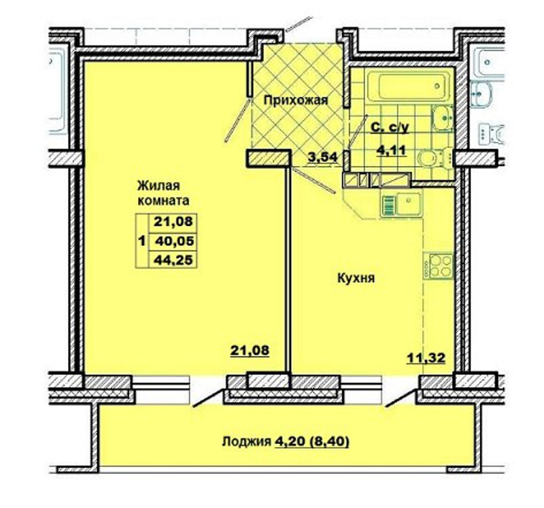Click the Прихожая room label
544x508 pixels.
coord(296,100)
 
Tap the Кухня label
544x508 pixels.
coord(356,278)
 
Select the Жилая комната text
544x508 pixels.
coord(163,193)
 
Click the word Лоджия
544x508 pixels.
coord(246,442)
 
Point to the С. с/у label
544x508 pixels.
coord(390,127)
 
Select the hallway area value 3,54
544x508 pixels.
coord(322,157)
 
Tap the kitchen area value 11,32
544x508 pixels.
coord(426,358)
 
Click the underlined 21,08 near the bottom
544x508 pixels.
coord(250,350)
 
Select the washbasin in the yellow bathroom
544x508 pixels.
coord(443,118)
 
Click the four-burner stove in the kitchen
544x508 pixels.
coord(438,266)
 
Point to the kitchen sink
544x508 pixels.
coord(401,204)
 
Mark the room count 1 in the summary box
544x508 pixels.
coord(141,240)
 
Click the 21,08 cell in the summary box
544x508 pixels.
coord(173,221)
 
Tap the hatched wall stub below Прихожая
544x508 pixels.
coord(268,159)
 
